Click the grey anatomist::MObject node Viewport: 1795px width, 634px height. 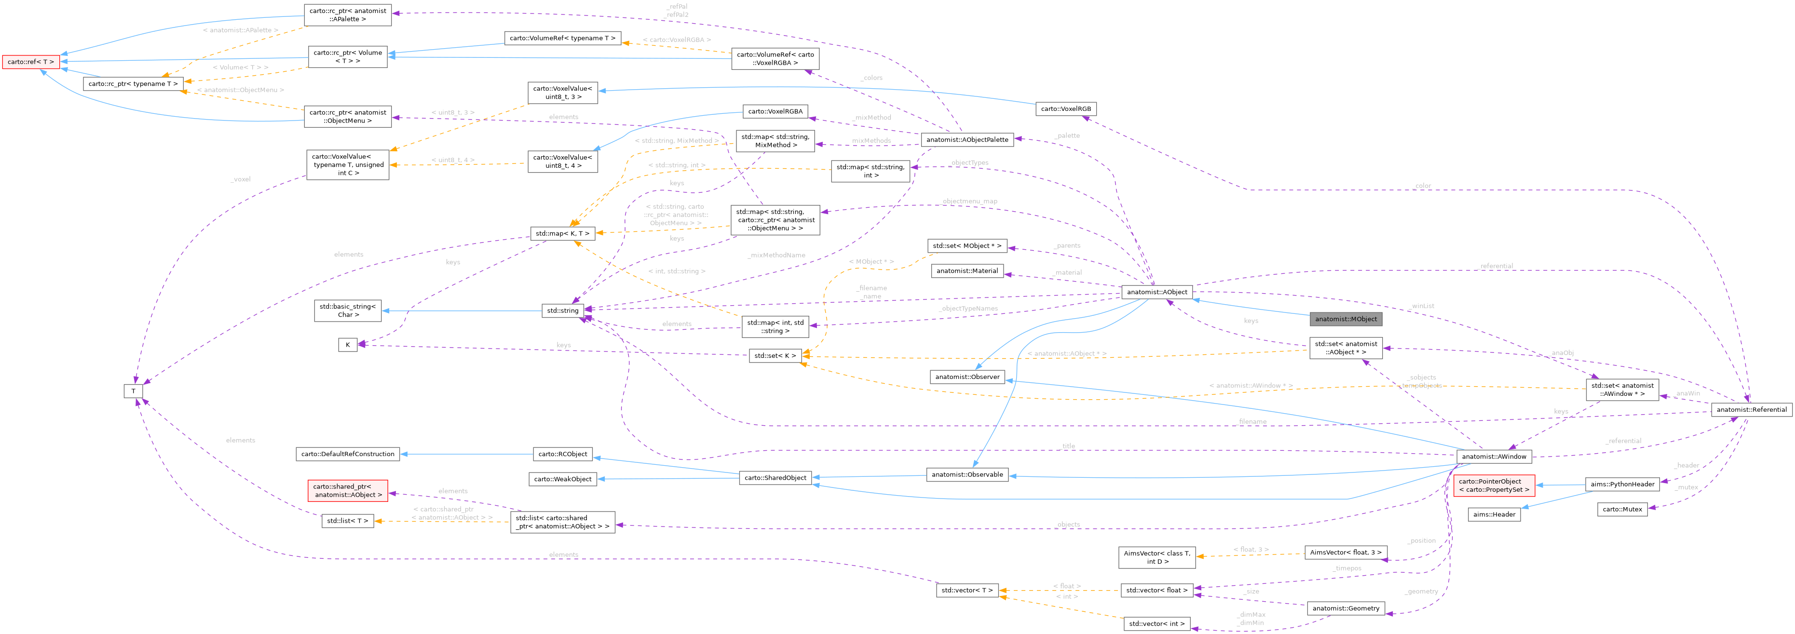[1346, 319]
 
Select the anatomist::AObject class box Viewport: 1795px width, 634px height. [1156, 292]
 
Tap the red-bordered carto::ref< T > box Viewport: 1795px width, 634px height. [30, 62]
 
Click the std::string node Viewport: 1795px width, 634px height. [562, 310]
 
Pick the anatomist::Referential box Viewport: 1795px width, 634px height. [1751, 410]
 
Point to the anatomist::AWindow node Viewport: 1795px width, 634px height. [1493, 457]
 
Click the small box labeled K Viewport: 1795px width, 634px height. [348, 345]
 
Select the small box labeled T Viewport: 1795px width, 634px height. [133, 391]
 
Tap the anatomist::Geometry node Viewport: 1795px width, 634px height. [1345, 608]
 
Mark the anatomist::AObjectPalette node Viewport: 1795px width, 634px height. [966, 139]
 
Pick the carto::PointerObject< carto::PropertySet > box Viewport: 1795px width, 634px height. [1493, 486]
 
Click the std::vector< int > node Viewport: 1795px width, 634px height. [1156, 623]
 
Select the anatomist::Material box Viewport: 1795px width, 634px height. [966, 271]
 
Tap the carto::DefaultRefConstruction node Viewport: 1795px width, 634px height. [348, 454]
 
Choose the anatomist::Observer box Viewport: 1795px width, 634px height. [966, 377]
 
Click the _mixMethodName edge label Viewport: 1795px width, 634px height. [776, 256]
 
